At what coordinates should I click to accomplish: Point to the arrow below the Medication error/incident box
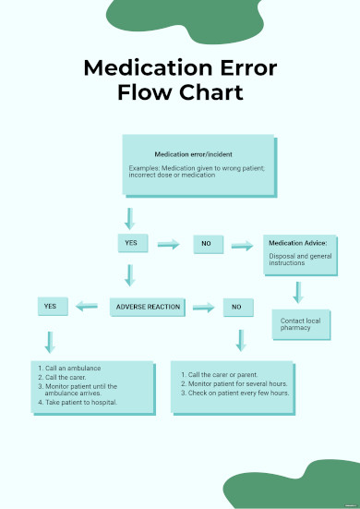pyautogui.click(x=130, y=219)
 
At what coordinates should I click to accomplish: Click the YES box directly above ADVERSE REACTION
pyautogui.click(x=130, y=244)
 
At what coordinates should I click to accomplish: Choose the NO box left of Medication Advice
pyautogui.click(x=207, y=244)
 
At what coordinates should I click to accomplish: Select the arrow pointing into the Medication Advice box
pyautogui.click(x=241, y=245)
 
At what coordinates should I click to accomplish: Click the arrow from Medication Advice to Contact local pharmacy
pyautogui.click(x=297, y=292)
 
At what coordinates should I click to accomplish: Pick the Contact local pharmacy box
pyautogui.click(x=300, y=324)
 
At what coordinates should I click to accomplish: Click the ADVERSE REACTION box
pyautogui.click(x=149, y=306)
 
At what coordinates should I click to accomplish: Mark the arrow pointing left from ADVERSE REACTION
pyautogui.click(x=87, y=306)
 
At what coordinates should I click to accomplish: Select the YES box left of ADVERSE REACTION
pyautogui.click(x=50, y=306)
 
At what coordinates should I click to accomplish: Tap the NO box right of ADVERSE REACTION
pyautogui.click(x=237, y=307)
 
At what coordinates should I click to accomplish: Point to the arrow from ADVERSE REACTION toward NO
pyautogui.click(x=203, y=307)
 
